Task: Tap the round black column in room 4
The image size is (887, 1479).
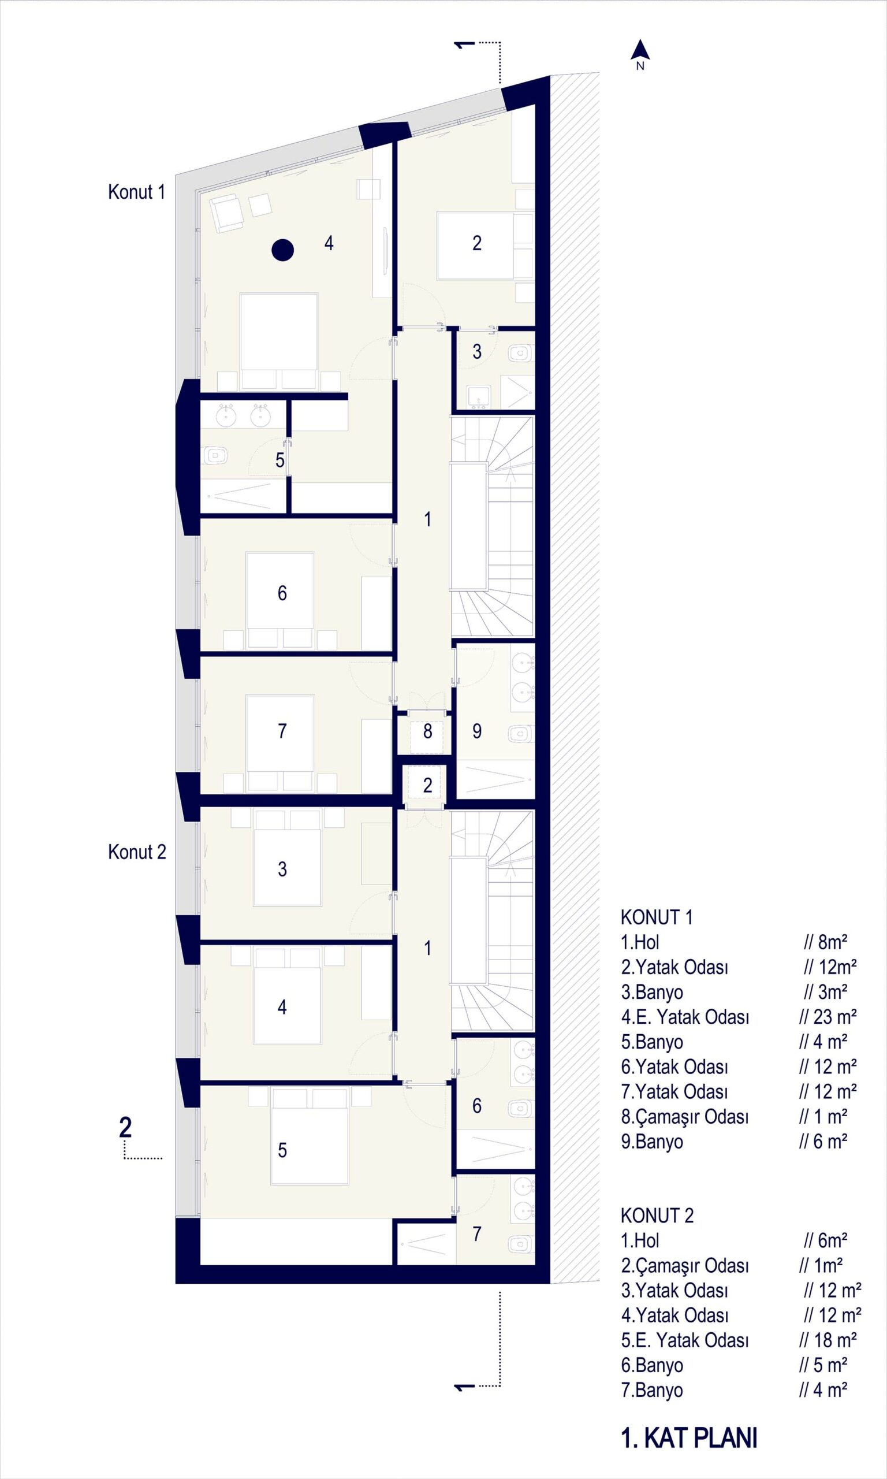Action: pyautogui.click(x=283, y=250)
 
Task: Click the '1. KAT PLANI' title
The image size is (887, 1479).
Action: pyautogui.click(x=689, y=1438)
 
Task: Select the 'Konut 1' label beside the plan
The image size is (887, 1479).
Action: pyautogui.click(x=136, y=192)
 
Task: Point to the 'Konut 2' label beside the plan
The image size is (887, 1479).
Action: pyautogui.click(x=137, y=852)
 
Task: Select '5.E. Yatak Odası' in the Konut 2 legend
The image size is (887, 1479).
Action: pyautogui.click(x=684, y=1340)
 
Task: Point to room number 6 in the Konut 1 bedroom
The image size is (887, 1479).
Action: pyautogui.click(x=282, y=593)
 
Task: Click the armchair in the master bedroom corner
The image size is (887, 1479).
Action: pyautogui.click(x=226, y=213)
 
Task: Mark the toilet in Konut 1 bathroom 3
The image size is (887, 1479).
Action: pyautogui.click(x=520, y=354)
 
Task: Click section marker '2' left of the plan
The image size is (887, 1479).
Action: pyautogui.click(x=125, y=1128)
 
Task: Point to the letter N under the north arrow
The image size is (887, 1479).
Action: pyautogui.click(x=640, y=66)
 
